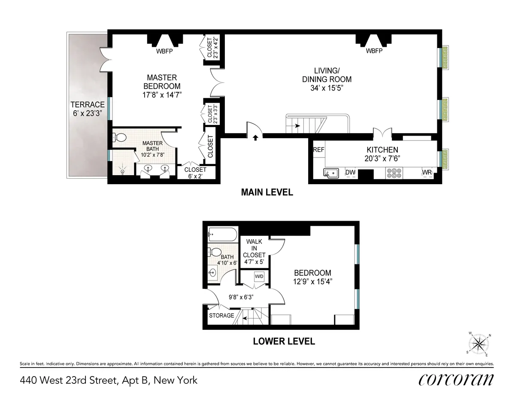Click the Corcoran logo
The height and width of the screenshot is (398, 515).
pos(455,380)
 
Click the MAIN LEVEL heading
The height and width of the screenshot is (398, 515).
pos(267,192)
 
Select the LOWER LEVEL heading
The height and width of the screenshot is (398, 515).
pos(284,342)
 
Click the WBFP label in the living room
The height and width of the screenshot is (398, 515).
pos(374,51)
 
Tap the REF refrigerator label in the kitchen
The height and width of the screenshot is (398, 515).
pos(318,150)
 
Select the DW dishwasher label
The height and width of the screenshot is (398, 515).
pos(350,173)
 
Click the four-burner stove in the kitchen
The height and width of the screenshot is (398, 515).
pos(394,173)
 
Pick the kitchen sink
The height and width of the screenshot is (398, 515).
pos(331,173)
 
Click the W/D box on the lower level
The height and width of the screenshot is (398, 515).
pos(260,276)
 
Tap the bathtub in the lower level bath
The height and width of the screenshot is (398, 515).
pos(221,235)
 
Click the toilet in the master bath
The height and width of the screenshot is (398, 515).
pos(121,137)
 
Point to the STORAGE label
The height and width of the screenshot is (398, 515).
pos(221,316)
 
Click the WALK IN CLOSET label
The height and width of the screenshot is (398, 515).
pos(255,251)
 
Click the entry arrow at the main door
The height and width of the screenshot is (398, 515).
pos(256,138)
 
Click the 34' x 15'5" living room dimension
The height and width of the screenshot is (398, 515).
pos(327,88)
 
